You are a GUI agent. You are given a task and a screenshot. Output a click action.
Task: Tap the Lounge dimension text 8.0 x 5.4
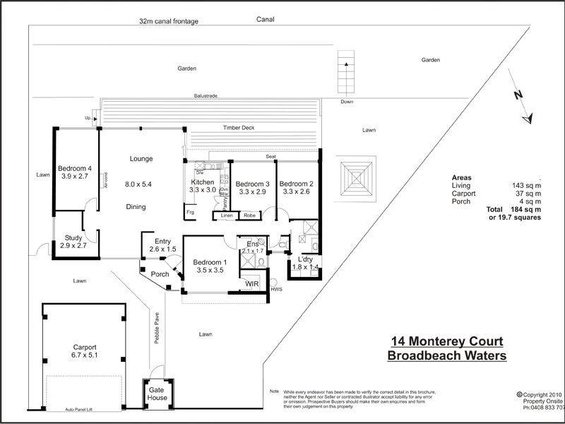point(138,184)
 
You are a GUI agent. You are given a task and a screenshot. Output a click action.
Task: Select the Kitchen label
point(203,182)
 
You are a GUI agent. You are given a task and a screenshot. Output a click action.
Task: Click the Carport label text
point(84,347)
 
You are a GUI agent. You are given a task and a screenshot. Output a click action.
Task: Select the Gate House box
point(157,393)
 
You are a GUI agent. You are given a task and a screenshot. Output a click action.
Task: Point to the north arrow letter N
point(517,95)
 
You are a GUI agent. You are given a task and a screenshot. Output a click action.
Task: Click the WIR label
point(251,284)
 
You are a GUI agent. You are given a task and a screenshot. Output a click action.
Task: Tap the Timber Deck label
point(238,128)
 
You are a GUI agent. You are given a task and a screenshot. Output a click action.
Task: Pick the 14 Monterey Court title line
point(446,341)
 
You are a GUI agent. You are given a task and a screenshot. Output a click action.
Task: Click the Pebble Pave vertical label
point(157,327)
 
